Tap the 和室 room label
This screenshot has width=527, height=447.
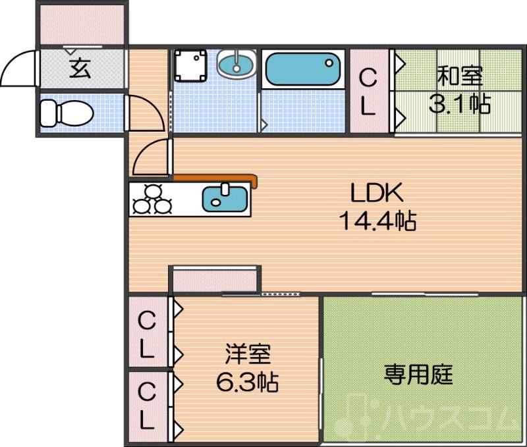460,77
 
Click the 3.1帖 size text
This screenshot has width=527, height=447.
460,103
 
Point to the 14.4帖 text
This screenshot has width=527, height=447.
377,221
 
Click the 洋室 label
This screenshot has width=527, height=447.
247,355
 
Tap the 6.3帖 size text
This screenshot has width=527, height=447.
247,381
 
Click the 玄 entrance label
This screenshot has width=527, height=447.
80,68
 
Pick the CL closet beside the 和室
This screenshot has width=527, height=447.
368,92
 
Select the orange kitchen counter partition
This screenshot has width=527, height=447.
217,178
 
